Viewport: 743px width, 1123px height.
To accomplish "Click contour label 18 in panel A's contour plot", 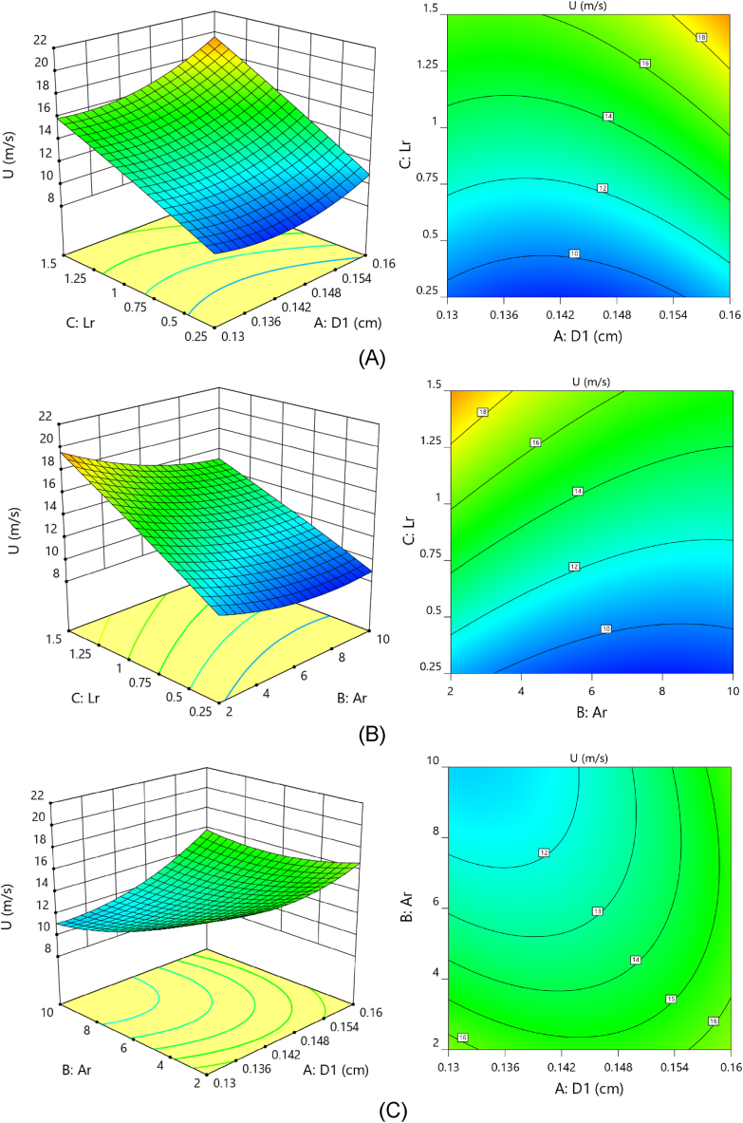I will [702, 38].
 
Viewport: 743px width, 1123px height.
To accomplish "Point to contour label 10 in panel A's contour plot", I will [574, 253].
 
